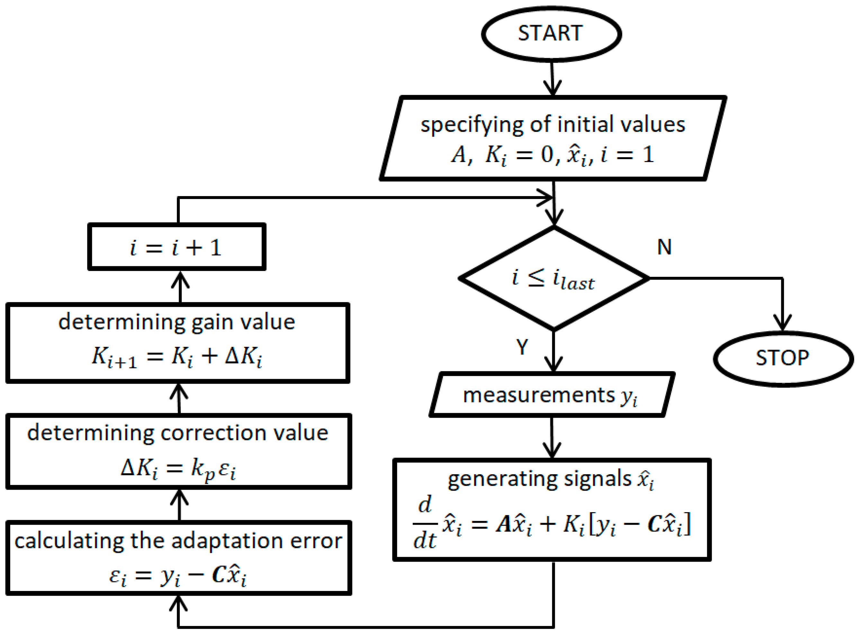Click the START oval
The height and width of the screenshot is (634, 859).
coord(551,34)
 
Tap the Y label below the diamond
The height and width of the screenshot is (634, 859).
coord(522,347)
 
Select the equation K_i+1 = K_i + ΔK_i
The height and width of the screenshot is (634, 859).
coord(176,357)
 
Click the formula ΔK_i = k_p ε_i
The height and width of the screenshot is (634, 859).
coord(178,469)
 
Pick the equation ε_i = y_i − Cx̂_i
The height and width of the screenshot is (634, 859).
coord(178,576)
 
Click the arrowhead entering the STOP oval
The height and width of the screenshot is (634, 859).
coord(783,324)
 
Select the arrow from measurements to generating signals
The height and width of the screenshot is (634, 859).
coord(552,438)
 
